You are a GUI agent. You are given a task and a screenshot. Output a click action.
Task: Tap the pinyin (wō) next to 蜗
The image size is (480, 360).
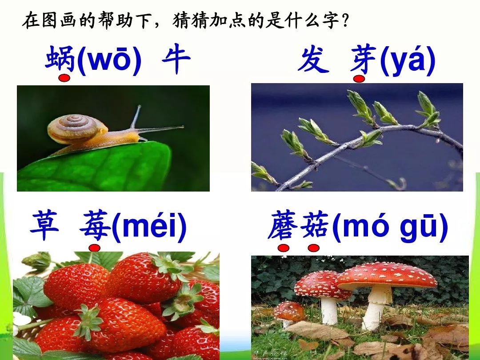109,60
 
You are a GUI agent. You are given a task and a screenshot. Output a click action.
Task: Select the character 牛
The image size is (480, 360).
176,60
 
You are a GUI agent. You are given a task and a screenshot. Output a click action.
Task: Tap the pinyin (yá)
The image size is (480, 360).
408,60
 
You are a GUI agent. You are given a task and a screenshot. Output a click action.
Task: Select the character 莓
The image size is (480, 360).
95,226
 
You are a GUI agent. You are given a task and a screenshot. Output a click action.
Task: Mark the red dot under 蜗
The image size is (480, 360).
64,78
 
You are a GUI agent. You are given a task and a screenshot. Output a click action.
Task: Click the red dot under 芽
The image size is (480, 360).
359,79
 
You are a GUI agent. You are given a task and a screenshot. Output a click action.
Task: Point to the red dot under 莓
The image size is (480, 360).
94,248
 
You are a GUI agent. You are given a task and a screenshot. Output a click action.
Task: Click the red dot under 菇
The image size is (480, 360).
314,248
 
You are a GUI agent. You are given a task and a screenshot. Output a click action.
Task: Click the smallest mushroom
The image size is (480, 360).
289,314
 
